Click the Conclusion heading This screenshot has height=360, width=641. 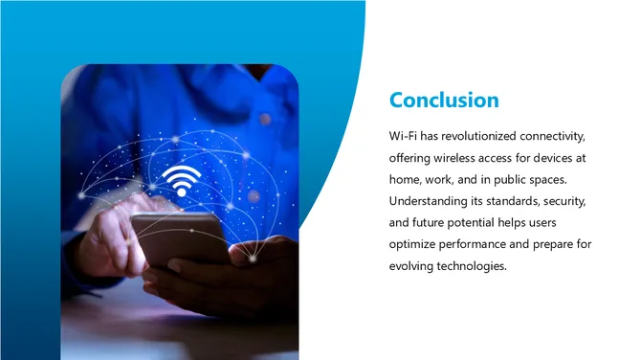[444, 100]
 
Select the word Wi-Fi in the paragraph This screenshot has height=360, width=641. [405, 134]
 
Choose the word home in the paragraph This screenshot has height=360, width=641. [406, 178]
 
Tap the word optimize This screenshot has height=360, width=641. [413, 244]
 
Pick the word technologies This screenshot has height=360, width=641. [474, 266]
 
